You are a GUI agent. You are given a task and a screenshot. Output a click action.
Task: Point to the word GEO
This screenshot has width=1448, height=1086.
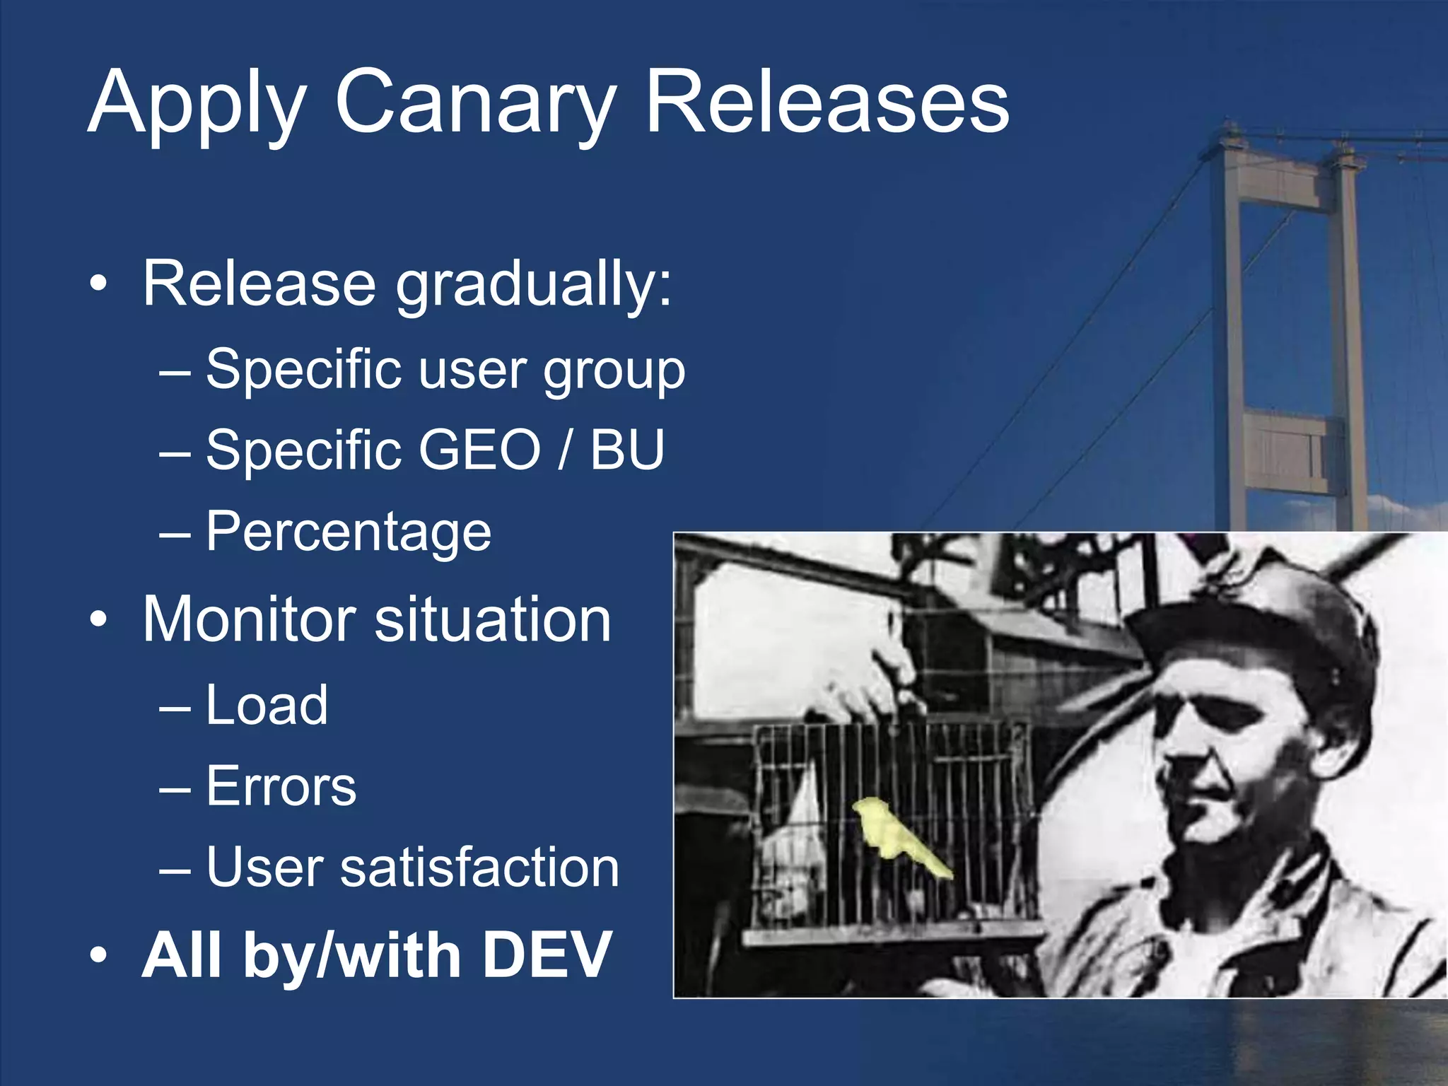click(x=480, y=450)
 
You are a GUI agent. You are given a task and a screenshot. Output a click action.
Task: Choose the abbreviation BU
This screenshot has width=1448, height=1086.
click(x=627, y=450)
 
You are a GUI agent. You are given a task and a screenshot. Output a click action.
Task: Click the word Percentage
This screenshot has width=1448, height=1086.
click(x=349, y=532)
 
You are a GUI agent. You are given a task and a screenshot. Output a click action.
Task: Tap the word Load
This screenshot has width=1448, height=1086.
click(x=267, y=705)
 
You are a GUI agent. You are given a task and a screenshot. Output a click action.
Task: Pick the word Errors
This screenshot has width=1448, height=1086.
click(x=281, y=786)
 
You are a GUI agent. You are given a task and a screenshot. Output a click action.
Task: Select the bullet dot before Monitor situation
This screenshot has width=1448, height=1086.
click(x=98, y=620)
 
